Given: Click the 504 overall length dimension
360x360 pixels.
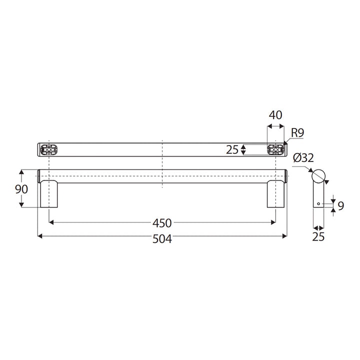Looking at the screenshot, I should coord(162,239).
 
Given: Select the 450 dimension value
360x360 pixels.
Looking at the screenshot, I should coord(162,223).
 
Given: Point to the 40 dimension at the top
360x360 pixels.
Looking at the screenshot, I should coord(275,114).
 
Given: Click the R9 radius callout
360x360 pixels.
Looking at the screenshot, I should coord(298,133).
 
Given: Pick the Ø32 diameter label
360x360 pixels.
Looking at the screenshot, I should coord(303,158).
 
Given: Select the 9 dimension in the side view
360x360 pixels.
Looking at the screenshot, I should coord(341,205).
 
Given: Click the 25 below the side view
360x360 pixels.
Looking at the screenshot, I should coord(318,236).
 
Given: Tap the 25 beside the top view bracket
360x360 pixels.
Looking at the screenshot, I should coord(231,149).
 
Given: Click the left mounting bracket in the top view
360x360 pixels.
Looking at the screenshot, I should coord(49,149).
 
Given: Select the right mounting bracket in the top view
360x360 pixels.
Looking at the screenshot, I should coord(275,149).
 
